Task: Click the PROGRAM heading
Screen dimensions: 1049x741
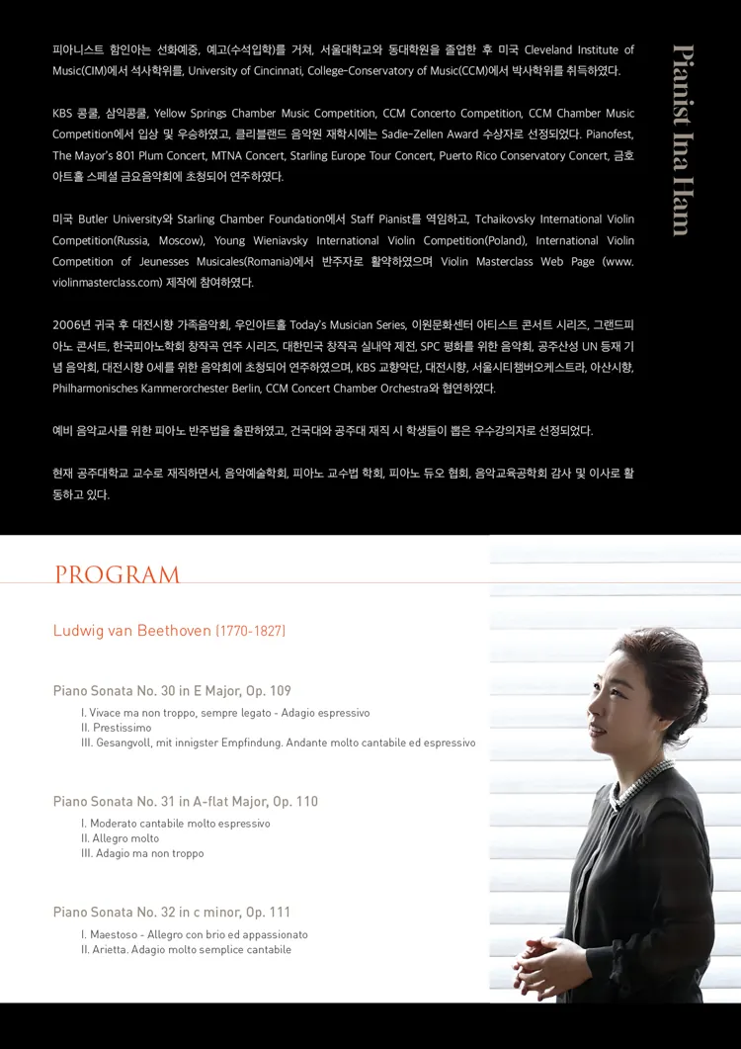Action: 117,575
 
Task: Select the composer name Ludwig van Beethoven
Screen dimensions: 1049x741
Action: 131,631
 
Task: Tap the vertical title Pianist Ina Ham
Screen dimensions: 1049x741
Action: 682,139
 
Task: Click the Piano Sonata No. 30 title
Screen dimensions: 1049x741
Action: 172,691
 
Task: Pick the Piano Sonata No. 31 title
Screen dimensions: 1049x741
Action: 186,802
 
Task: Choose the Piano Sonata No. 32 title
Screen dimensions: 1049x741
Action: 172,913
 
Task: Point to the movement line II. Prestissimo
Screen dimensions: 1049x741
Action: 117,728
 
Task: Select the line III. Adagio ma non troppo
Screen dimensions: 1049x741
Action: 142,853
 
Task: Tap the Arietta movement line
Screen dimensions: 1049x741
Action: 186,949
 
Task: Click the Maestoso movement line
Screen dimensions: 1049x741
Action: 195,934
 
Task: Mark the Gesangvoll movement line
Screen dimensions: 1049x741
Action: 278,743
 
